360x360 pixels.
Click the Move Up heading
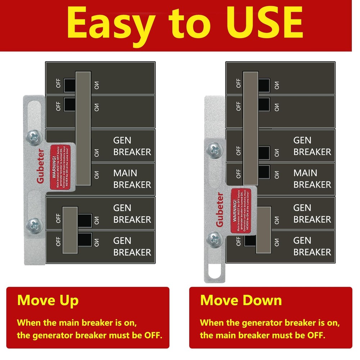coord(48,300)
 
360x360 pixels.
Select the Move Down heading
coord(241,300)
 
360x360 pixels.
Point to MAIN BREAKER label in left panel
coord(132,179)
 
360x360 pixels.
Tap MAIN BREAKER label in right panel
coord(312,179)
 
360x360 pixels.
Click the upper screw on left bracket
coord(33,137)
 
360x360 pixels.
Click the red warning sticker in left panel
coord(59,166)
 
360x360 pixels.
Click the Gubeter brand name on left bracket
coord(40,166)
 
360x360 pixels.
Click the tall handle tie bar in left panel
coord(83,128)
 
